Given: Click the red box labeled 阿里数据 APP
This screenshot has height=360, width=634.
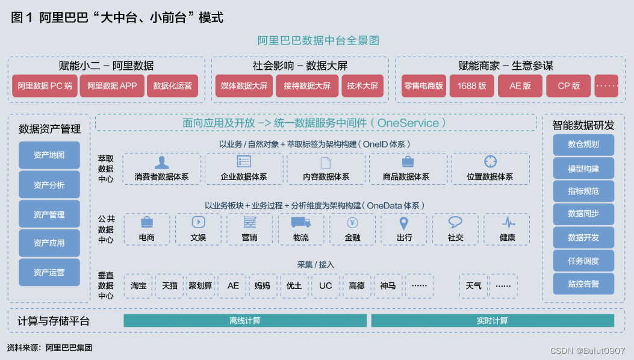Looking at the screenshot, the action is click(112, 86).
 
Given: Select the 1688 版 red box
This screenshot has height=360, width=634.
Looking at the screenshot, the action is click(471, 86).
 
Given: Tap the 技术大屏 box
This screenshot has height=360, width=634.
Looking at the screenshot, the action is click(362, 86).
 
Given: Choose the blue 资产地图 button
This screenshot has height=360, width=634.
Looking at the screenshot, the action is click(49, 155).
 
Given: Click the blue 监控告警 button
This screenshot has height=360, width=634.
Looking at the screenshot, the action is click(583, 284).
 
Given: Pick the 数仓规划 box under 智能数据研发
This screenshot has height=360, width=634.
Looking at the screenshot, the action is click(583, 144).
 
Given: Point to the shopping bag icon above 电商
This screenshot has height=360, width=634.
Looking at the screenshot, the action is click(146, 223).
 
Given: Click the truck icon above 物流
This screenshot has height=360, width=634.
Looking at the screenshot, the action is click(300, 223).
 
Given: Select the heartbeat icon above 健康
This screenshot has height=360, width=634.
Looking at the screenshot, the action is click(508, 223).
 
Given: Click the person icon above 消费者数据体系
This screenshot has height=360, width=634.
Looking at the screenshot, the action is click(161, 162).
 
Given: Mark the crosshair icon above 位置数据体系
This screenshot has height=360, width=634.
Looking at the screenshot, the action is click(490, 161).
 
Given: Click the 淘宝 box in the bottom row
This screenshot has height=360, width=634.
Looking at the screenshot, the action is click(138, 286).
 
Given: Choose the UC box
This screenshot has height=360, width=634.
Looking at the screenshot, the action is click(325, 286).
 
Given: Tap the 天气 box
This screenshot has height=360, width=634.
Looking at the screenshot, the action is click(473, 286).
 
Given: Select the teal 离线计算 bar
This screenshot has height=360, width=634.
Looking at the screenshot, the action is click(245, 320).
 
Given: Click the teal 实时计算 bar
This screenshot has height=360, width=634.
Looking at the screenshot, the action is click(492, 320).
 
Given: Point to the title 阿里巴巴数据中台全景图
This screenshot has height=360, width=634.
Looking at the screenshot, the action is click(318, 41).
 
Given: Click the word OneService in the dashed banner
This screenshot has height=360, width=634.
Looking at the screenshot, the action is click(408, 123).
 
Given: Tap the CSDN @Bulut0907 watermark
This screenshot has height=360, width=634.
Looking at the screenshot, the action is click(587, 350).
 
